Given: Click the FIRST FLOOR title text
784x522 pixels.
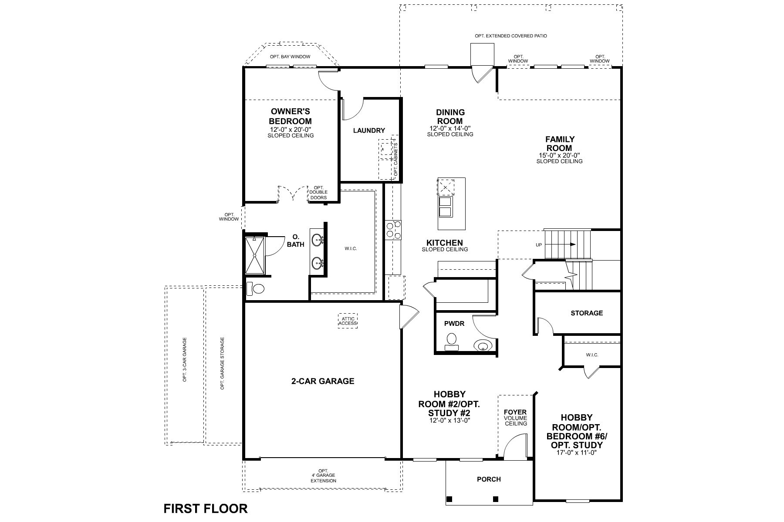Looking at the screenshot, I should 205,508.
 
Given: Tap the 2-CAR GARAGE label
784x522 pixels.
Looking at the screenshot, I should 322,381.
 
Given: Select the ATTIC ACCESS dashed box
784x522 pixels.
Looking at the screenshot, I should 348,321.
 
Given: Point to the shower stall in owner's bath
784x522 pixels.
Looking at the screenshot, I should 254,255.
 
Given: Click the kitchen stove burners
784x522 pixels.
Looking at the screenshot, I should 393,230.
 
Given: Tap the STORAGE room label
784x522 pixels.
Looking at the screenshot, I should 587,313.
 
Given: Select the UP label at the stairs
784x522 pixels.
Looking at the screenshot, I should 539,245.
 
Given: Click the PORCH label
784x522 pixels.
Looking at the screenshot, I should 489,479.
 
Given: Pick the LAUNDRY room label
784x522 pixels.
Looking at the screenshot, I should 369,130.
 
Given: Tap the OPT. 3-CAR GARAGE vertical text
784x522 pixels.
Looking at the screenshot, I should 185,359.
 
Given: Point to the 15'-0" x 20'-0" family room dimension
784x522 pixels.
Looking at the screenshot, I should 559,155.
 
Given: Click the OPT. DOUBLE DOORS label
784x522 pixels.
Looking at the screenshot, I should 318,192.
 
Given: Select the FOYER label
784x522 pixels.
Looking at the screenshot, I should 515,412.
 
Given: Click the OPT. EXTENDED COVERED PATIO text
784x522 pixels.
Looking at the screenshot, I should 511,36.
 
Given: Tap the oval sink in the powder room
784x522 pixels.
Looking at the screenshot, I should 482,346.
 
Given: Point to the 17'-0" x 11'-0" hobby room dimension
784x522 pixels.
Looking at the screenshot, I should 576,453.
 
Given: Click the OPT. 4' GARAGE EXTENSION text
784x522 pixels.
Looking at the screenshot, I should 323,475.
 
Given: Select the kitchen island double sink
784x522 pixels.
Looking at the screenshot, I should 445,207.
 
